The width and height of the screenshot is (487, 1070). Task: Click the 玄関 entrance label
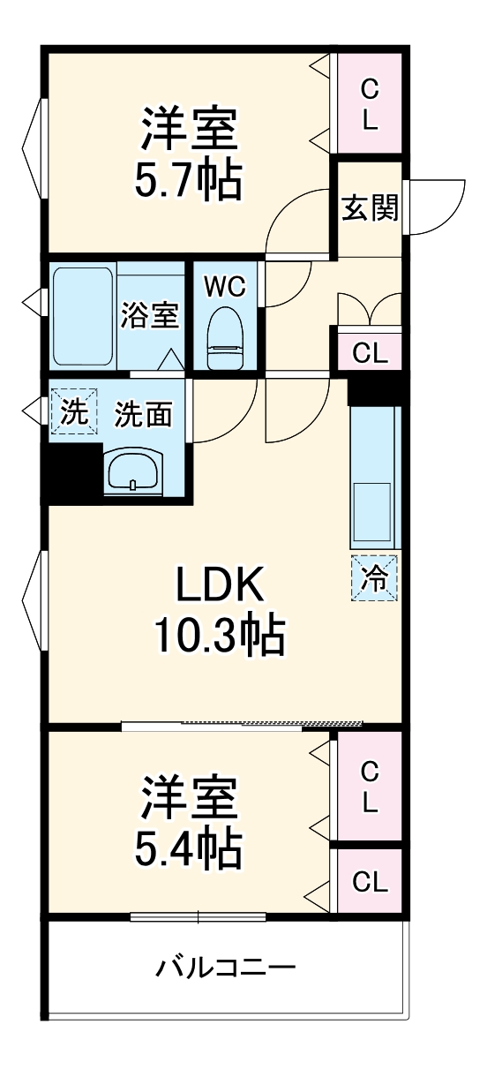(x=371, y=209)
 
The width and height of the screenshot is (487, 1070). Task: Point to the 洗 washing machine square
(x=74, y=411)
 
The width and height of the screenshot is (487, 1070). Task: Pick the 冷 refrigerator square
(x=375, y=579)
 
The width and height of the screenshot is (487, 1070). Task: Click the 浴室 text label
(x=150, y=315)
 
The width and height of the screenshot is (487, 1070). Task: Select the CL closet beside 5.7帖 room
(x=370, y=104)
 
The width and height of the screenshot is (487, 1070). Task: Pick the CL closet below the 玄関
(x=370, y=352)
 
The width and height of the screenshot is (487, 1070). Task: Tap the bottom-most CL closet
(x=370, y=881)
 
